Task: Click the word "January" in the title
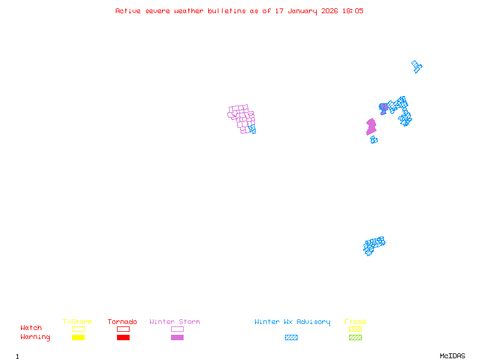point(302,11)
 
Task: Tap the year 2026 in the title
point(329,11)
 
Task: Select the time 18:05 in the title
point(353,11)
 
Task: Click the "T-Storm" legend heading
point(77,322)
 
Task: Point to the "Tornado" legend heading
point(122,322)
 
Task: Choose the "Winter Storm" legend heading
point(175,322)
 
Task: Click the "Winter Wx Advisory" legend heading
point(292,322)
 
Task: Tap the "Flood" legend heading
point(355,322)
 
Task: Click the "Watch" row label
point(31,328)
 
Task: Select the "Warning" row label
point(35,337)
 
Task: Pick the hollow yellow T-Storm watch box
point(79,329)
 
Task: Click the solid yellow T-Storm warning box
point(79,337)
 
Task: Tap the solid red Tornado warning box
point(124,337)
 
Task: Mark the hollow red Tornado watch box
point(124,329)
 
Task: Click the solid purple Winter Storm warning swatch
point(177,337)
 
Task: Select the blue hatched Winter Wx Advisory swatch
point(291,337)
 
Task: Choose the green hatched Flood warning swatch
point(355,337)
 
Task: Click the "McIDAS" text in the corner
point(452,356)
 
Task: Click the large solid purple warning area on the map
point(371,127)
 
